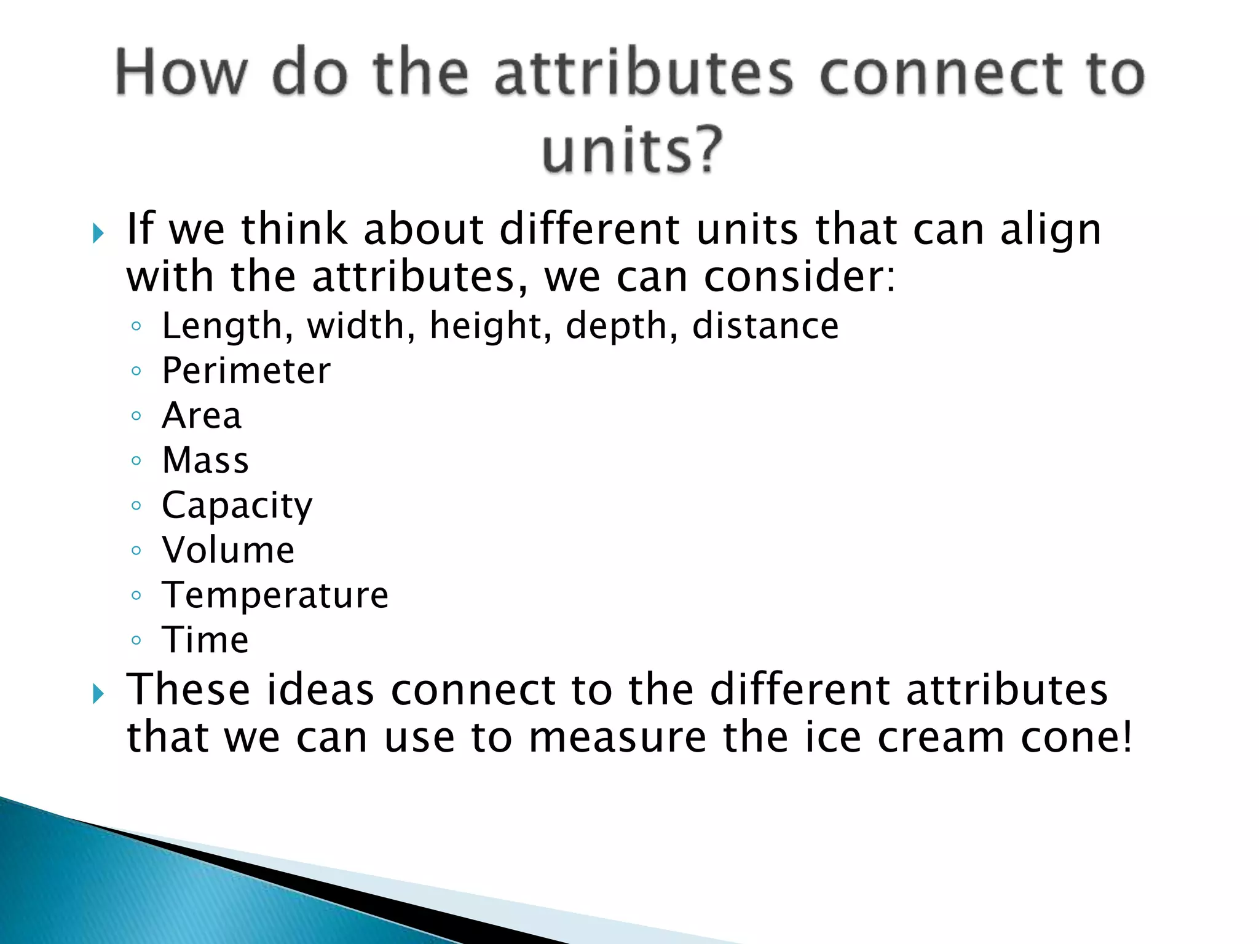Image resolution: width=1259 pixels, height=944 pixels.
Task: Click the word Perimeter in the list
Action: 246,371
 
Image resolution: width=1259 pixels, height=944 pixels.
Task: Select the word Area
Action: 202,415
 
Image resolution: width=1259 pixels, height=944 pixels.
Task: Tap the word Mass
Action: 205,460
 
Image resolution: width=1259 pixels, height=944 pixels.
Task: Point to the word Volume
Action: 228,550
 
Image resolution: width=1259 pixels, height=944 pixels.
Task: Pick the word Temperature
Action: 275,596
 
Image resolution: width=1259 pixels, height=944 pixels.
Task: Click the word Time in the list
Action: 205,640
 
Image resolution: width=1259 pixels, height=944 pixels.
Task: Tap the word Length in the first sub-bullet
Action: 222,326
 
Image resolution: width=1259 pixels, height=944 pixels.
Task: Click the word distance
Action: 765,326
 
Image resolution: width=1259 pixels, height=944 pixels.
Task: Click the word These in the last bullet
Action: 189,690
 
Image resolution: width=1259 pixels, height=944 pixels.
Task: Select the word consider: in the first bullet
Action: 799,277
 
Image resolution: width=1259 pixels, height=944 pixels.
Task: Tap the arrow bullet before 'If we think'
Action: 98,234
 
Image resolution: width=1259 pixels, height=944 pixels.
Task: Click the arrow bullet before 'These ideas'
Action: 98,694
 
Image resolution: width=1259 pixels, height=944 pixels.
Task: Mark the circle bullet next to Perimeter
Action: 136,371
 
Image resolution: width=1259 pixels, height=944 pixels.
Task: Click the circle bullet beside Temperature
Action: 136,595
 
